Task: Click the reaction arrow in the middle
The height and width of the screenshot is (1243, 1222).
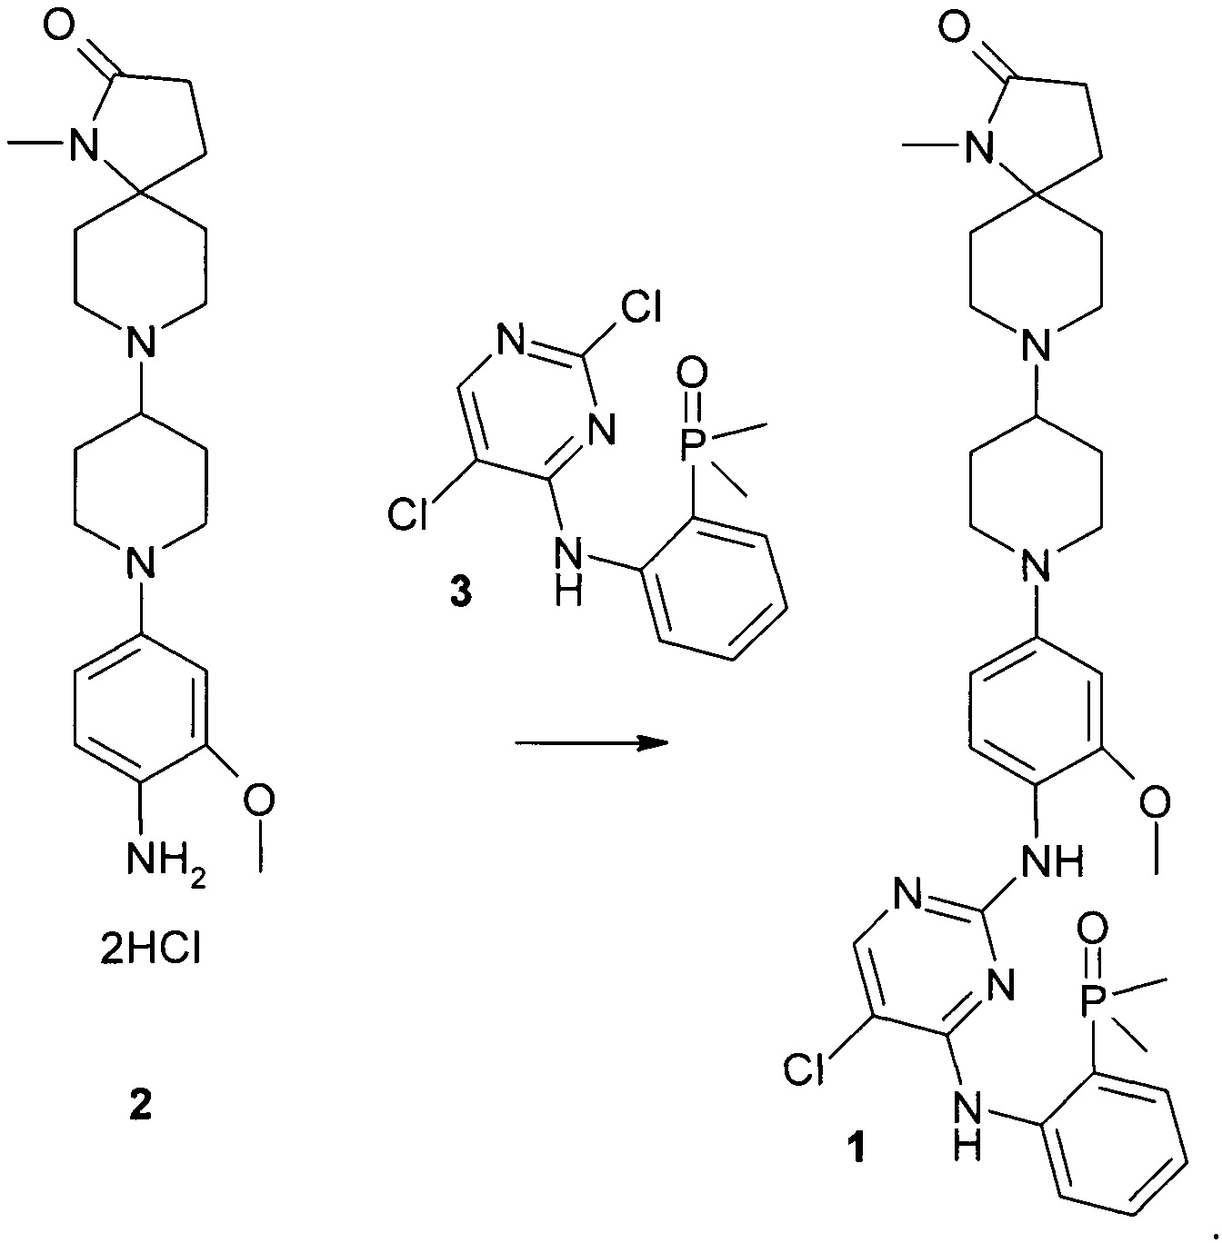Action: (591, 743)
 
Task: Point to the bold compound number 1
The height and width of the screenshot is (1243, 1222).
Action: (856, 1147)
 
